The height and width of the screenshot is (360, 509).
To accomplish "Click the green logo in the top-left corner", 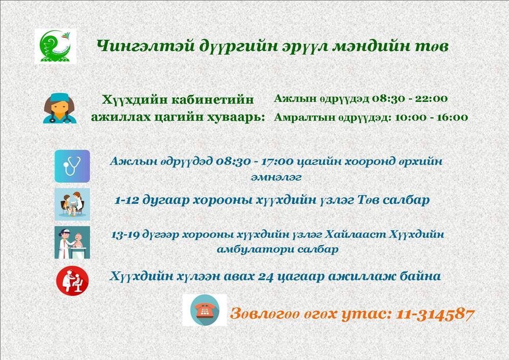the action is [55, 46].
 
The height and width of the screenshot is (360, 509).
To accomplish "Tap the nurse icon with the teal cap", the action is [60, 108].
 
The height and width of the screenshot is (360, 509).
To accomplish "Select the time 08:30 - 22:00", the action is [409, 98].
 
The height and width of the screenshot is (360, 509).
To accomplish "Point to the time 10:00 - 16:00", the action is [431, 117].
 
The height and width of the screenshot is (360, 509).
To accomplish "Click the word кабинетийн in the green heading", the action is [212, 99].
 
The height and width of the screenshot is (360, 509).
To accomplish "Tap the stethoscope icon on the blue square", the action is [72, 166].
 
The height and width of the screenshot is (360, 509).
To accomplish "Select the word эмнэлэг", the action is [276, 177].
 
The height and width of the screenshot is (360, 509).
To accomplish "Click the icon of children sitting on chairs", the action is [72, 204].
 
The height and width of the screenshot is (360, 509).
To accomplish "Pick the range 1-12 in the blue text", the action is [127, 200].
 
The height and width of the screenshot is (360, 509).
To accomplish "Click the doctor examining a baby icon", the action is [72, 242].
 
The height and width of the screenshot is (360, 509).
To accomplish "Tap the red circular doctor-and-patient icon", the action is [72, 281].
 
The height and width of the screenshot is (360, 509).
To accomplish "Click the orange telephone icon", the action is [205, 310].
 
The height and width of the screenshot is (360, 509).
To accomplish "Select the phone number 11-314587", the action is [435, 314].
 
